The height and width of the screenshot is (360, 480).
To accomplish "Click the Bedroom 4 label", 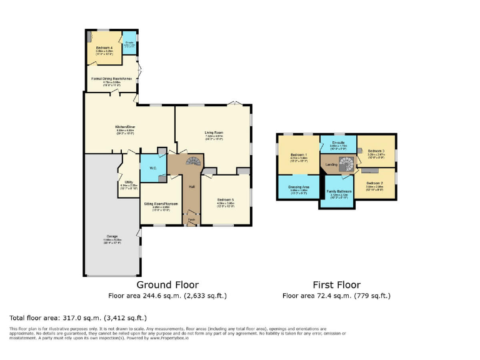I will (104, 47).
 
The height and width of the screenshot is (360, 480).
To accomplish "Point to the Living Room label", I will (214, 132).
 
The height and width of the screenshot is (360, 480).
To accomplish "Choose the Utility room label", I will (128, 182).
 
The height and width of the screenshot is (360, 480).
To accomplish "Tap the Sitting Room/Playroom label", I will (161, 204).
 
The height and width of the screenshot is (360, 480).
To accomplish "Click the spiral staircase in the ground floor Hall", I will (194, 162).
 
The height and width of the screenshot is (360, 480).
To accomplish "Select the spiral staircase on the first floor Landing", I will (347, 164).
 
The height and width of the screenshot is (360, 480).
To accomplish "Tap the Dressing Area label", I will (299, 187).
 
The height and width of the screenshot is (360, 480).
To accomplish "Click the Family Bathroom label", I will (339, 191).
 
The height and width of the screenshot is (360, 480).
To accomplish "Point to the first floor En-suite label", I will (337, 143).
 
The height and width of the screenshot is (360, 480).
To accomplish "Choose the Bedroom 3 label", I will (376, 151).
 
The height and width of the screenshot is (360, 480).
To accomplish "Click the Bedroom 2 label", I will (375, 182).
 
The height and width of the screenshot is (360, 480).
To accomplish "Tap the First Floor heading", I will (340, 284).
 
